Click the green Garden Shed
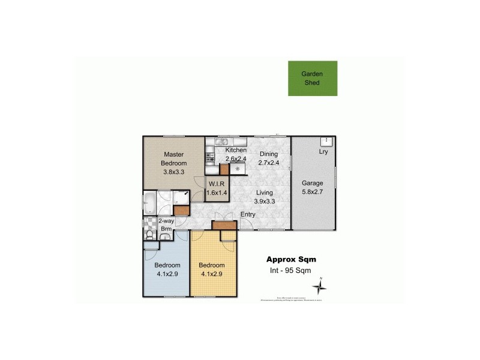click(312, 78)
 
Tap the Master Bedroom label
click(175, 163)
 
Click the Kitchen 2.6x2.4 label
click(236, 154)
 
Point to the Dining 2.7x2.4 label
click(268, 158)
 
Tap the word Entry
click(248, 215)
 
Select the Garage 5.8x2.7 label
click(312, 188)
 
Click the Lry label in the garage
click(323, 152)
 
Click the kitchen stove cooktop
click(210, 158)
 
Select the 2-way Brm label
click(166, 225)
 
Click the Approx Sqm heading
click(291, 260)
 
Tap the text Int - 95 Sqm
click(290, 271)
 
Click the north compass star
click(321, 287)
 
